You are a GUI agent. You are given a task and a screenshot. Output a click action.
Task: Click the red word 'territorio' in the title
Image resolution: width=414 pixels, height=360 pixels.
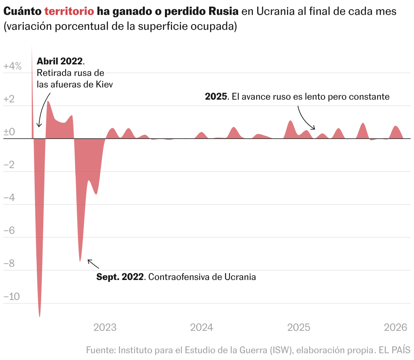point(69,11)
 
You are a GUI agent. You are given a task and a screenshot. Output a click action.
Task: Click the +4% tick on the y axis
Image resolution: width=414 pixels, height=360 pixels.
point(12,66)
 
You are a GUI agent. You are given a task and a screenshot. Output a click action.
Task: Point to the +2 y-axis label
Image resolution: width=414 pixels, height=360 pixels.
point(9,99)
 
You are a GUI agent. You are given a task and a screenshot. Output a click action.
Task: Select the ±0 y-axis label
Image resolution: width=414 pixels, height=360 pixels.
point(9,132)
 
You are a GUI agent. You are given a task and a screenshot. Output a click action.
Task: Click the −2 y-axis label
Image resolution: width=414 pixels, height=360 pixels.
point(9,165)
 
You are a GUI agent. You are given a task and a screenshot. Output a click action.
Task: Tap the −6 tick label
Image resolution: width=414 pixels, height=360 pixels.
point(9,231)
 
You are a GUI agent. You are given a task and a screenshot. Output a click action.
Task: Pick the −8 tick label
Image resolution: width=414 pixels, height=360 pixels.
point(9,263)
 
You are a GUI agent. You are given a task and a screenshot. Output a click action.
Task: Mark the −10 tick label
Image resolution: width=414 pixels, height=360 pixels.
point(12,297)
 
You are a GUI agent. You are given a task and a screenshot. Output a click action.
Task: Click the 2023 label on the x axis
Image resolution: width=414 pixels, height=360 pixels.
point(105,327)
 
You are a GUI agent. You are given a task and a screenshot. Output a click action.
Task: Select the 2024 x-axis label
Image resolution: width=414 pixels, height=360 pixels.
point(202,327)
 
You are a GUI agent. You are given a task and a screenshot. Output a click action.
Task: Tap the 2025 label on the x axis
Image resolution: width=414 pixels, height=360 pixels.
point(299,327)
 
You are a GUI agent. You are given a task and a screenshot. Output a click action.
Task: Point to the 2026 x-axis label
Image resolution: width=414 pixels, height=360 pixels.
point(395,327)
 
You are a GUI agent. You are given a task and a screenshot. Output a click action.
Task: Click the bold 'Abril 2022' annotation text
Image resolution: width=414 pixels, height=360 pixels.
point(60,61)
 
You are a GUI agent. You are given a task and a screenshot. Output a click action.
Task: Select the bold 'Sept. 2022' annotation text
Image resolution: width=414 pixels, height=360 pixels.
point(120,277)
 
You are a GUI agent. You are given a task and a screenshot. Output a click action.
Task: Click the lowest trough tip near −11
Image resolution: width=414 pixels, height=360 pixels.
point(40,316)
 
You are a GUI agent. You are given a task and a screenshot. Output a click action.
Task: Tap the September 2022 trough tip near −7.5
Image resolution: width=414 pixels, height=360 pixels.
point(80,261)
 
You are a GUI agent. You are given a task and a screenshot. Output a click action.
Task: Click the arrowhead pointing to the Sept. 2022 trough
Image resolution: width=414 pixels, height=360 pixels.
point(89,260)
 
